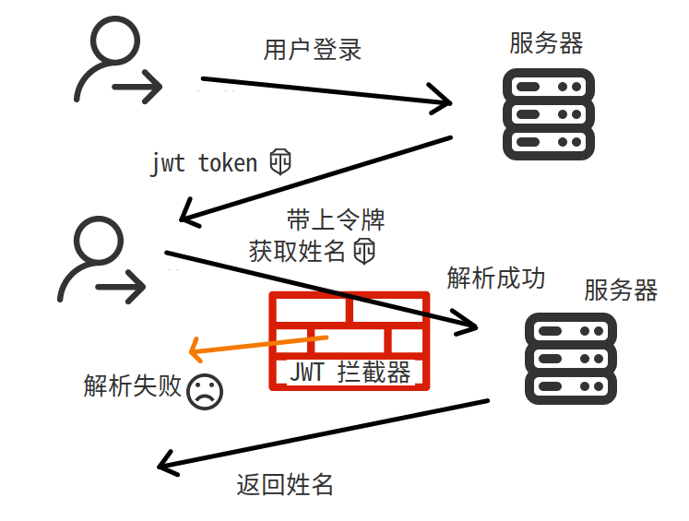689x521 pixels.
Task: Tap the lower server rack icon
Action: pos(570,358)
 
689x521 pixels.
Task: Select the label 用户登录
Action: pos(313,50)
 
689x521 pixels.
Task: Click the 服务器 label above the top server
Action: pos(546,43)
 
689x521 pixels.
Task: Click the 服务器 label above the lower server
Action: pos(620,290)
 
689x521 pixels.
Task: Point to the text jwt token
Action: pos(204,163)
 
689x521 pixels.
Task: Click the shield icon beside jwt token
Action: pos(280,161)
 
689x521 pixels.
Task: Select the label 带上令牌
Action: pos(335,219)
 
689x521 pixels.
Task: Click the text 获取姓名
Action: pos(297,250)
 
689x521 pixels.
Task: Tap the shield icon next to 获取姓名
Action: pos(365,250)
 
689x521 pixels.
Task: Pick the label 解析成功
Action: pos(496,278)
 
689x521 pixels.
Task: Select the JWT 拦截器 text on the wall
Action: pos(350,372)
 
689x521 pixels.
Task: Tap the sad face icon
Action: pos(204,392)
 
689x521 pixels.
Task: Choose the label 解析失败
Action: pos(132,386)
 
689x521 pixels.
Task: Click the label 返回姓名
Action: pos(284,485)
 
